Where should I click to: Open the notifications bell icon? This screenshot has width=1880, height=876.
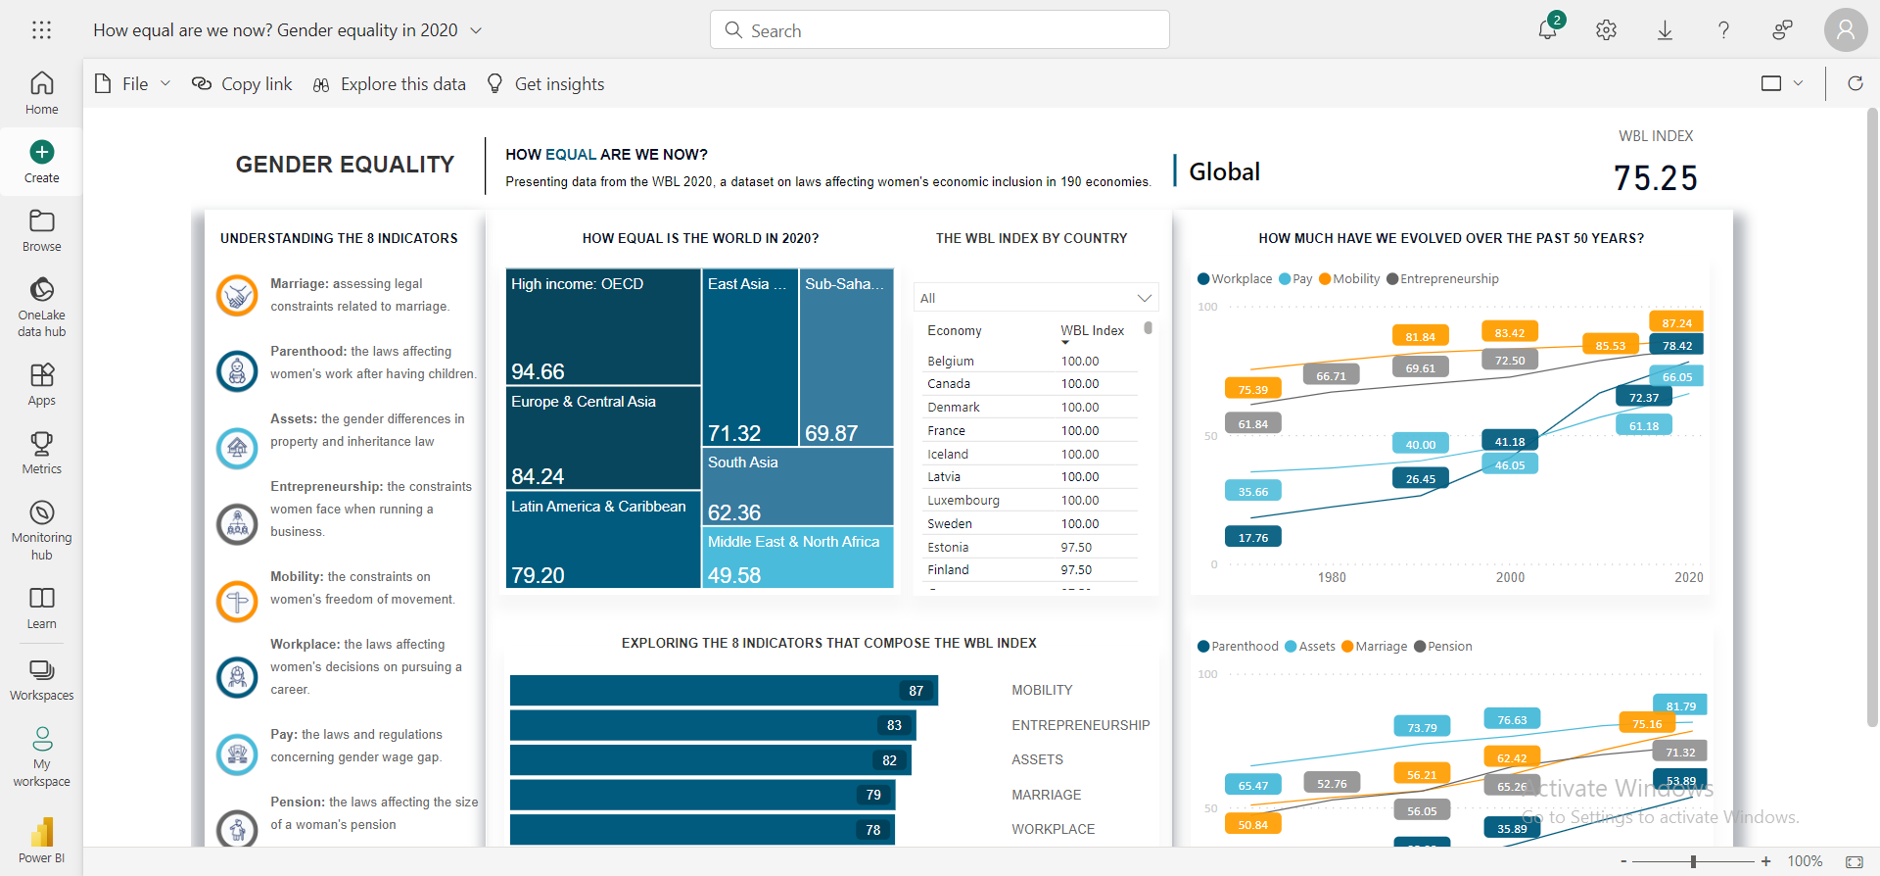[x=1547, y=29]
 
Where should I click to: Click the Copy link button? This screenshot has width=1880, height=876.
[x=242, y=84]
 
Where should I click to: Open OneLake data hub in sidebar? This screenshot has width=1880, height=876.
[x=41, y=306]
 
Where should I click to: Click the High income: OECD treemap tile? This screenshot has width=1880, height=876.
[x=603, y=326]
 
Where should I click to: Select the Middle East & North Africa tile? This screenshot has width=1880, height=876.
[x=797, y=558]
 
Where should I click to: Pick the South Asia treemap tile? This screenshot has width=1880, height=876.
[x=797, y=486]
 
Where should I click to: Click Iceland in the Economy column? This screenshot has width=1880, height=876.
[x=948, y=454]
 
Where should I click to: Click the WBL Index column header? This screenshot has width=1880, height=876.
[x=1092, y=330]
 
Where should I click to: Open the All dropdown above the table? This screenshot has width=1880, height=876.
[x=1035, y=298]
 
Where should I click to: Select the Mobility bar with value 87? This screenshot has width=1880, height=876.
[x=723, y=690]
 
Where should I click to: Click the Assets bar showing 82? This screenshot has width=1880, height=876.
[x=710, y=759]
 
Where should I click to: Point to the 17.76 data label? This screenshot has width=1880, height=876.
[x=1252, y=537]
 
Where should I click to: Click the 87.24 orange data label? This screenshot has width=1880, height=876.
[x=1676, y=322]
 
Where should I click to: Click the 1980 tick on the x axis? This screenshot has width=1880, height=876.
[x=1332, y=577]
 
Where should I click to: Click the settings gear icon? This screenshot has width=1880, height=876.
[x=1606, y=30]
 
